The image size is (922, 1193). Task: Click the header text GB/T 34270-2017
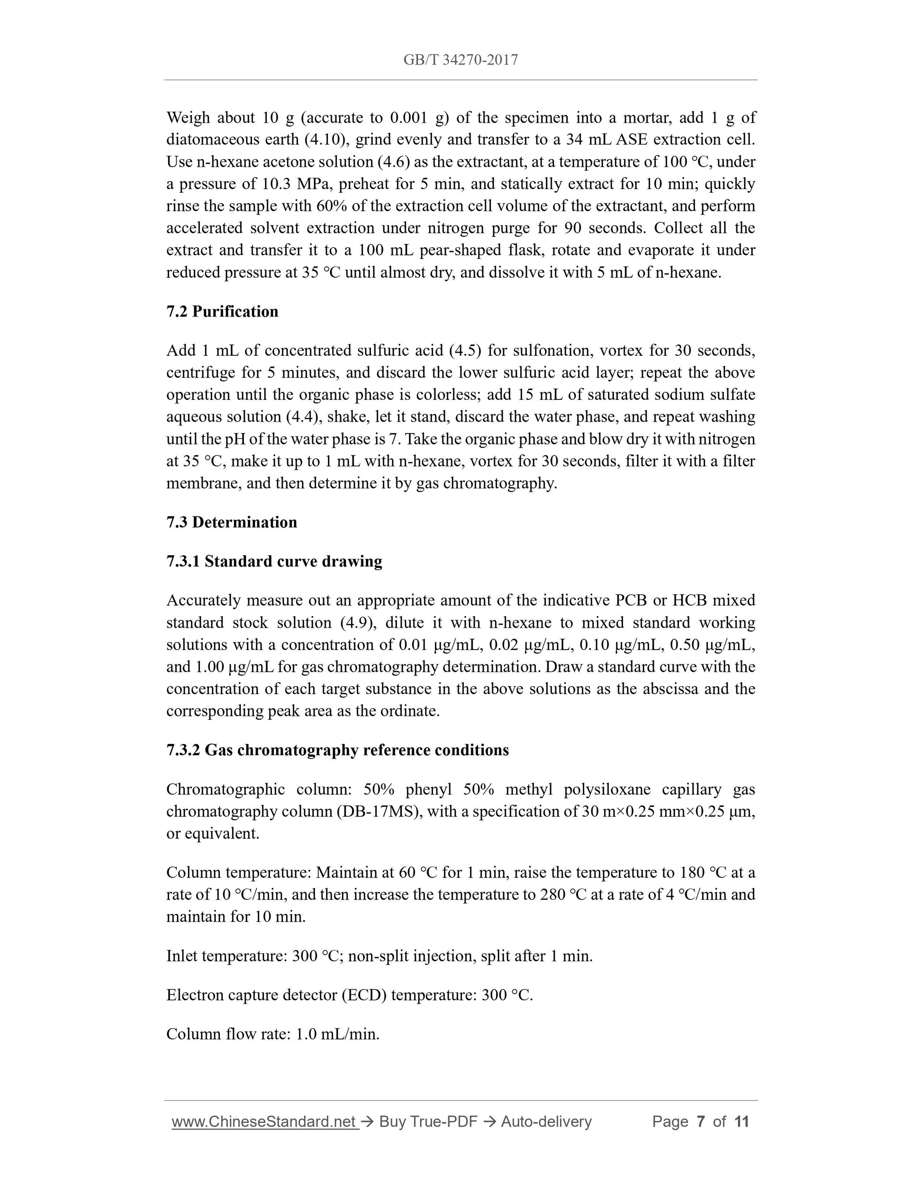[x=461, y=60]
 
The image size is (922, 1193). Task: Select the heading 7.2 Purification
[x=222, y=311]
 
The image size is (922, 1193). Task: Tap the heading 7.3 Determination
[x=232, y=522]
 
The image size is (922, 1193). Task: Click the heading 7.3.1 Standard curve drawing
[x=274, y=561]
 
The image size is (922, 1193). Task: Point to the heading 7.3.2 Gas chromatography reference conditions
[x=337, y=750]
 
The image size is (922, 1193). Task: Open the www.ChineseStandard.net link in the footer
[x=264, y=1121]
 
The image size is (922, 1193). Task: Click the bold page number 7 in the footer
[x=700, y=1121]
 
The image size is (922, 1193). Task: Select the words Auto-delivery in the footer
[x=546, y=1121]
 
